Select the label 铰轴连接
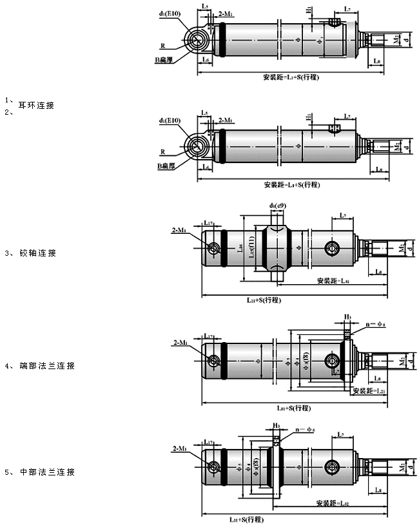[38, 253]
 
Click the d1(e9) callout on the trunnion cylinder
[278, 206]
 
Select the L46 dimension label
[240, 248]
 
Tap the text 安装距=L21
[369, 391]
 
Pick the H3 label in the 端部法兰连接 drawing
[347, 317]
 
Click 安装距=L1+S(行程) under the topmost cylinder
[293, 77]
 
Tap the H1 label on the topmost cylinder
[309, 10]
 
